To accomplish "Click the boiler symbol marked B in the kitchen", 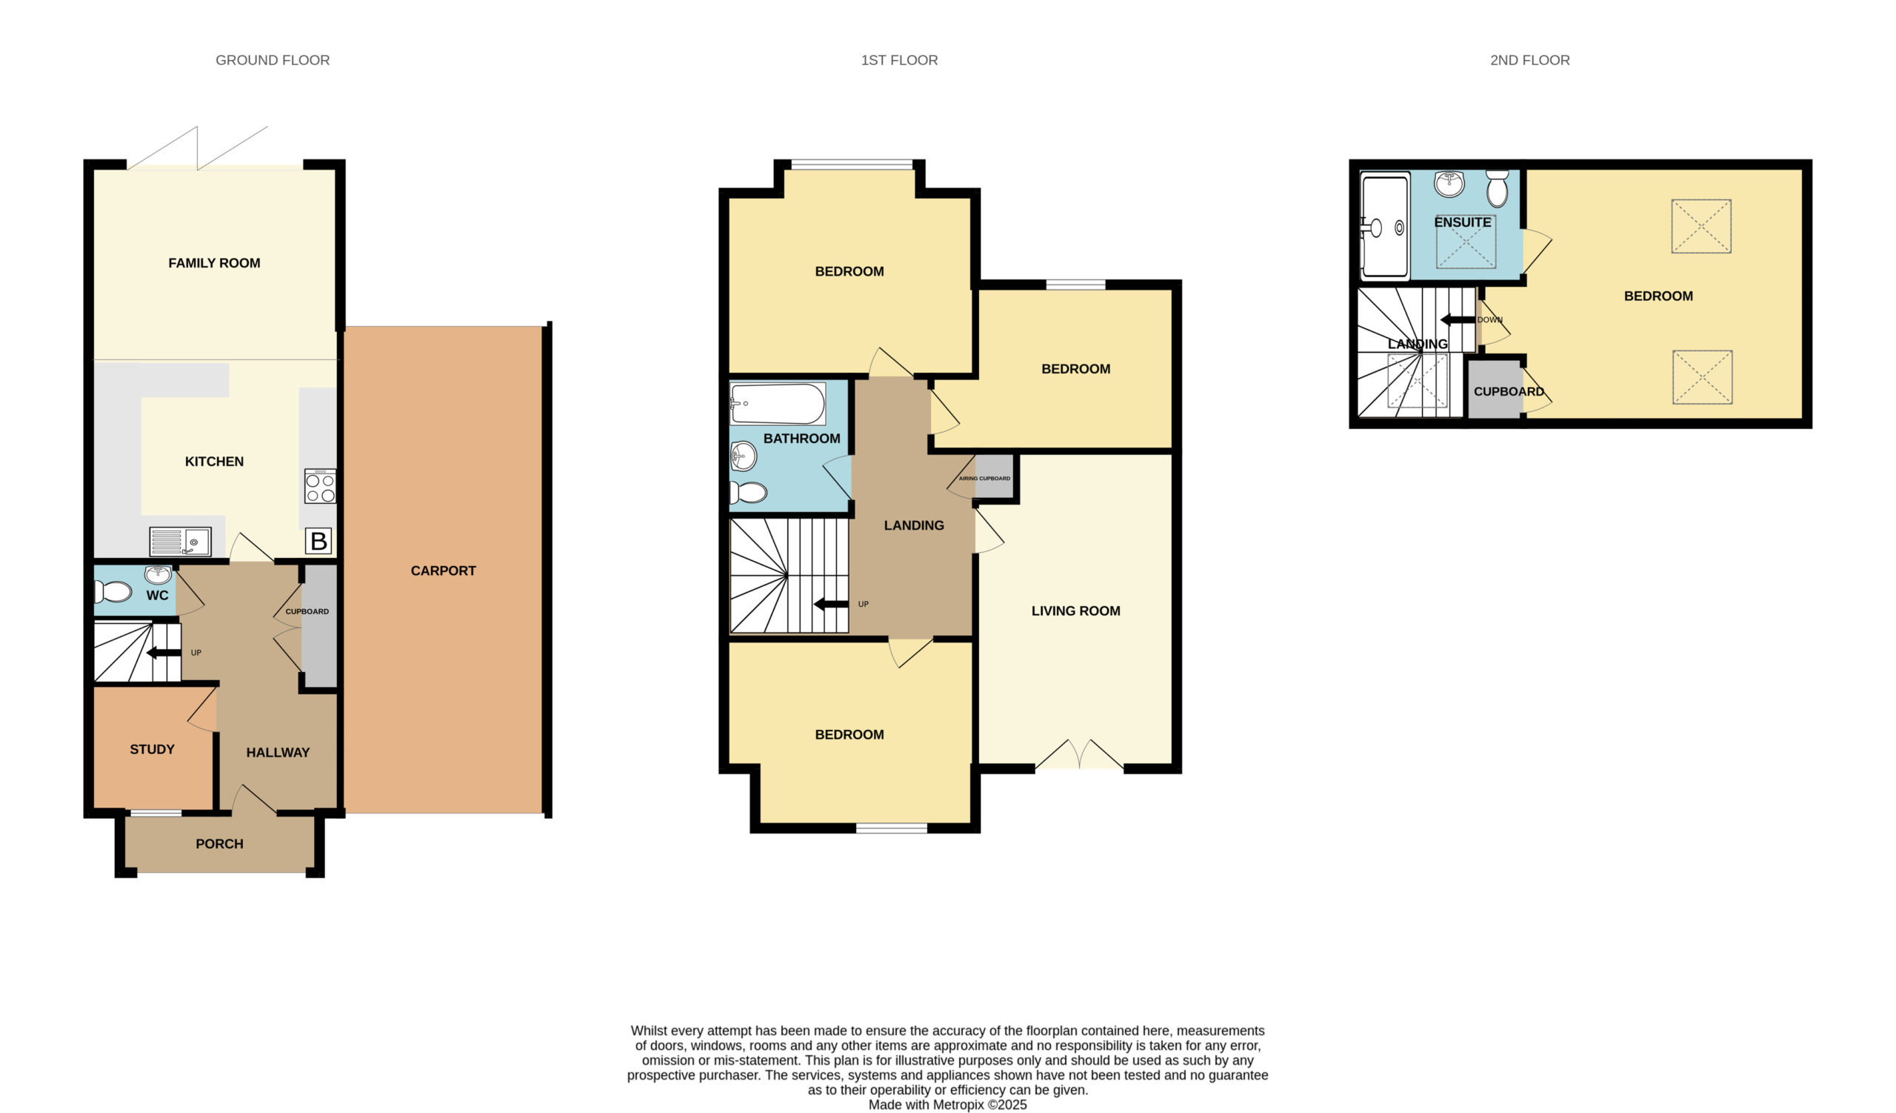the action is pos(318,541).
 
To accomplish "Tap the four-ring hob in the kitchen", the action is pos(321,486).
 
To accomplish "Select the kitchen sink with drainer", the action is pos(180,542).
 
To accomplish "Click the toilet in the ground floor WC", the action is pos(113,591).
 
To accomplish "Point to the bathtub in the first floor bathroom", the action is pos(778,404).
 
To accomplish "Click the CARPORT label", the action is pos(443,571).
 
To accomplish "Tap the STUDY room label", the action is pos(152,748).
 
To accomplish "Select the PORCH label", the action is pos(220,843).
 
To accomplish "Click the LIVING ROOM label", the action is pos(1076,611).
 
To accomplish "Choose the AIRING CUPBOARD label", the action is pos(984,479).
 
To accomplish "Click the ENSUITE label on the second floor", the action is pos(1463,222).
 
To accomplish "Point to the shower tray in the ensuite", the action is pos(1385,227).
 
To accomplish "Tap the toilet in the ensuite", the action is pos(1498,188).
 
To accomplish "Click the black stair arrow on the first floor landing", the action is pos(832,603).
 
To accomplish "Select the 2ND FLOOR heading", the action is pos(1529,60).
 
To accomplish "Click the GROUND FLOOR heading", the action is pos(273,60).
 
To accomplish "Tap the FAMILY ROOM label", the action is pos(215,262).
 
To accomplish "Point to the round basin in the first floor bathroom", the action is pos(744,455).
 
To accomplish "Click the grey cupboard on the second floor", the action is pos(1496,390).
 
